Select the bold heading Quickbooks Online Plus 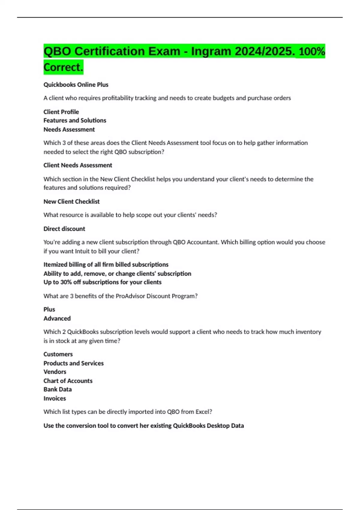(76, 85)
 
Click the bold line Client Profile (61, 112)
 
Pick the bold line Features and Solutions (75, 120)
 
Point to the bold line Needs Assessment (69, 129)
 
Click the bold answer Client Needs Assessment (78, 165)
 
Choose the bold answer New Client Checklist (71, 202)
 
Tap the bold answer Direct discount (64, 229)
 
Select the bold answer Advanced (57, 318)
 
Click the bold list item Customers (58, 354)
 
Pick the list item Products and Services (73, 363)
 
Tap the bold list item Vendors (55, 372)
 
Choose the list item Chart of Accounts (68, 381)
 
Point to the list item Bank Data (58, 389)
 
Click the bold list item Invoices (55, 398)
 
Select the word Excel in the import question (203, 412)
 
